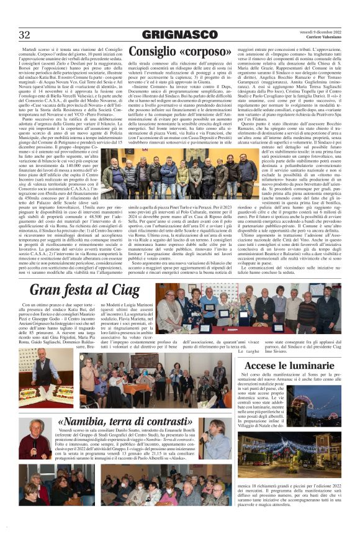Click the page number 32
tap(25, 34)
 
